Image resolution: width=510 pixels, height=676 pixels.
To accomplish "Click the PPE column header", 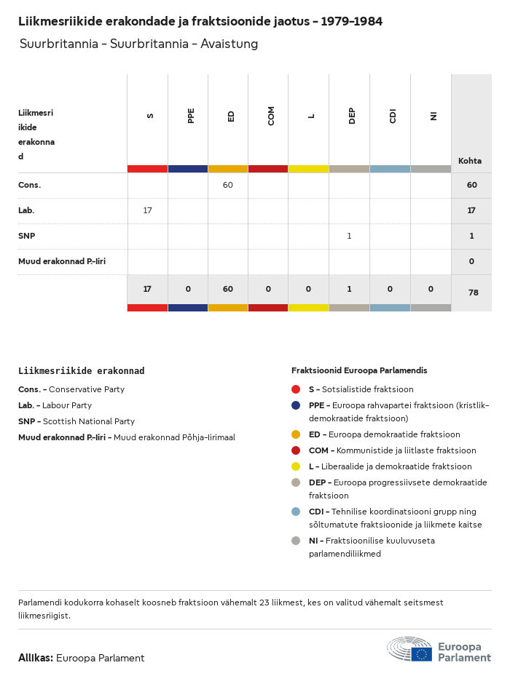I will coord(191,116).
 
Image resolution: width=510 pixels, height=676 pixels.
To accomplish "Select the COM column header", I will coord(271,116).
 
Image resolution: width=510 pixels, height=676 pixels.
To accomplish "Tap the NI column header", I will coord(433,116).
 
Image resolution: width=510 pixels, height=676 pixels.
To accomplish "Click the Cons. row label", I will coord(30,185).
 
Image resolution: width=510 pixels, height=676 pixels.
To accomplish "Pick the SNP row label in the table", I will coord(26,236).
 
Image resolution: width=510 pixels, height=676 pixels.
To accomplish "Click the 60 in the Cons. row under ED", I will coord(228,185).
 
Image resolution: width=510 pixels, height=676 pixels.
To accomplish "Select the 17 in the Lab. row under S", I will coord(147,210).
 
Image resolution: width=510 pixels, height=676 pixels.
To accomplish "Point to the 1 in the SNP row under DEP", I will coord(349,236).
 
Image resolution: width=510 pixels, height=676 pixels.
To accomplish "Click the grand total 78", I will coord(471,293).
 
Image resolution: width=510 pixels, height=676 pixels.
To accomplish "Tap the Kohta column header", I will coord(470,161).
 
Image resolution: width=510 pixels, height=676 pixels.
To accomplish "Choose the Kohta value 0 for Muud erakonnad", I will coord(471,261).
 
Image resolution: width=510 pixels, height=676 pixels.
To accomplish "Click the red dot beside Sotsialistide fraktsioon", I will coord(296,389).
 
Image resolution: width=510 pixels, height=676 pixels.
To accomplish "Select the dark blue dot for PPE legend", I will coord(296,405).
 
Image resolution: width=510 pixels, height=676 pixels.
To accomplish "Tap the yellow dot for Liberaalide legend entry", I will coord(296,466).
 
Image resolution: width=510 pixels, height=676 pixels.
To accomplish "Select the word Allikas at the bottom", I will coord(35,658).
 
